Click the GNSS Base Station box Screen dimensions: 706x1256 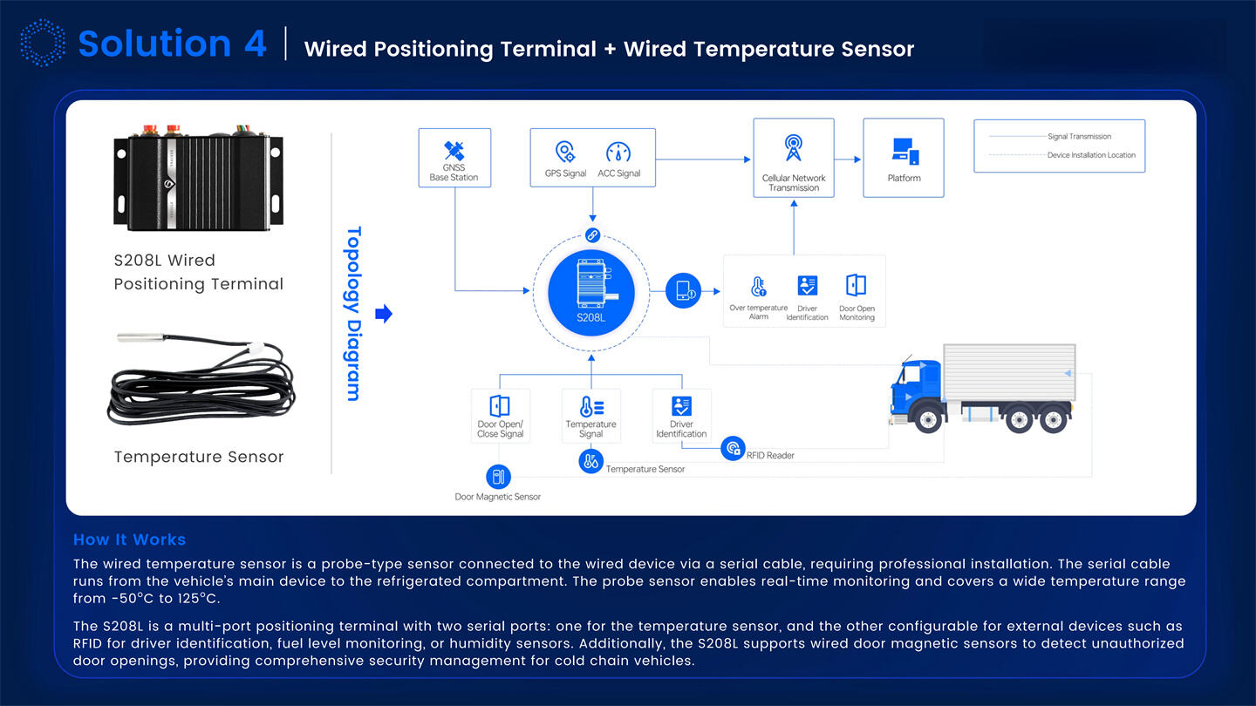click(454, 158)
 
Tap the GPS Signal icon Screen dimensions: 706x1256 click(565, 152)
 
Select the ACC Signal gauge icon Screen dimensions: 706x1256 click(618, 152)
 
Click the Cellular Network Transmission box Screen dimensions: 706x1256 click(793, 158)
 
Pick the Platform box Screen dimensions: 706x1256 click(904, 158)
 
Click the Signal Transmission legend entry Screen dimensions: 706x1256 click(1078, 137)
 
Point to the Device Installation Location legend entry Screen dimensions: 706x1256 click(1090, 155)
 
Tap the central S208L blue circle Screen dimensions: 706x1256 click(590, 292)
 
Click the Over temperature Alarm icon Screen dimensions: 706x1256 click(758, 286)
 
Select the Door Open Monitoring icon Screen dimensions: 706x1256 click(856, 285)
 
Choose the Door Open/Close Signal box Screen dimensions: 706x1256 click(500, 416)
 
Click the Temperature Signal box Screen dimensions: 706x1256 click(590, 416)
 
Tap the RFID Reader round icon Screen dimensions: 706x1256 click(734, 449)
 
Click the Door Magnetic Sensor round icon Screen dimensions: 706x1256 click(497, 477)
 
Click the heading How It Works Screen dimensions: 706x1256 click(129, 540)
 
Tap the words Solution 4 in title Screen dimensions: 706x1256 click(172, 44)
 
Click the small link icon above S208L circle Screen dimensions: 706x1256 click(591, 234)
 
